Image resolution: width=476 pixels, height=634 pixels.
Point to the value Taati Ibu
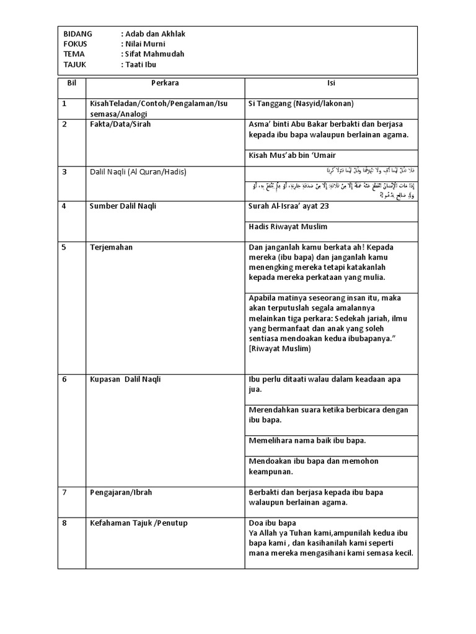143,64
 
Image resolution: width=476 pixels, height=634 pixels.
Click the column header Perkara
164,83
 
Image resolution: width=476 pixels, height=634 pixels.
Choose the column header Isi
332,83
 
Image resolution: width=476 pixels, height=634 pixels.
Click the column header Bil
71,83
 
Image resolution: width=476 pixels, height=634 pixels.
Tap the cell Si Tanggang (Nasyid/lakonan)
300,104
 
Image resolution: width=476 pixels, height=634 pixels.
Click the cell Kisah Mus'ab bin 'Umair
292,155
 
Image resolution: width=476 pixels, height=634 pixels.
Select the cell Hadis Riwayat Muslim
288,226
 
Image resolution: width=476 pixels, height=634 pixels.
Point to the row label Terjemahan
111,247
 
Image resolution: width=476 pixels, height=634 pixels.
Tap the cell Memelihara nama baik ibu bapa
307,441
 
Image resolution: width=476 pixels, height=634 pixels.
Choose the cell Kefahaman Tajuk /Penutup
138,523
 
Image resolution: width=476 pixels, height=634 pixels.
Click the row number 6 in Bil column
64,380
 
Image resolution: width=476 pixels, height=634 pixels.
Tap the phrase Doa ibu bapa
272,523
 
